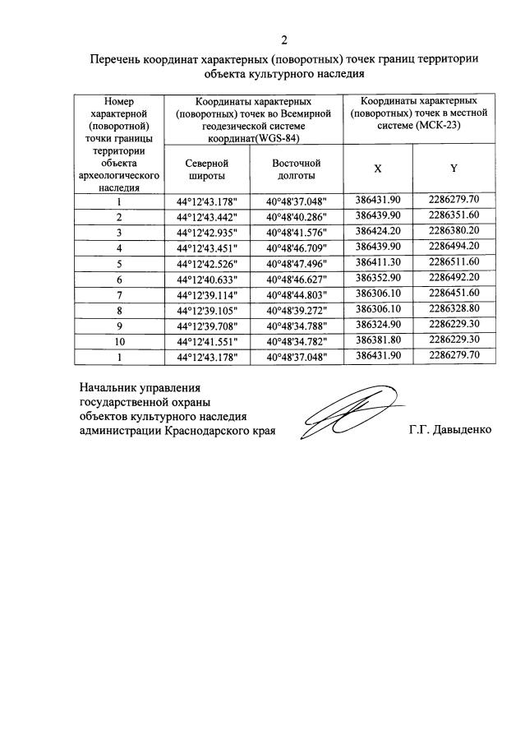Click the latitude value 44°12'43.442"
tap(205, 217)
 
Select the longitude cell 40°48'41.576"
tap(296, 233)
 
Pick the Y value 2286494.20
tap(453, 247)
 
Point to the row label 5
tap(119, 264)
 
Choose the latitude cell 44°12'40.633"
tap(205, 280)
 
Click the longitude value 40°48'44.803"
tap(296, 295)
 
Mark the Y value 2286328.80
tap(453, 309)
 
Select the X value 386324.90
tap(377, 325)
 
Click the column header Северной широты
tap(205, 169)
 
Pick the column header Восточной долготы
tap(296, 169)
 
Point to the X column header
tap(377, 169)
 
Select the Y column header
tap(453, 169)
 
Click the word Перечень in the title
tap(118, 59)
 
